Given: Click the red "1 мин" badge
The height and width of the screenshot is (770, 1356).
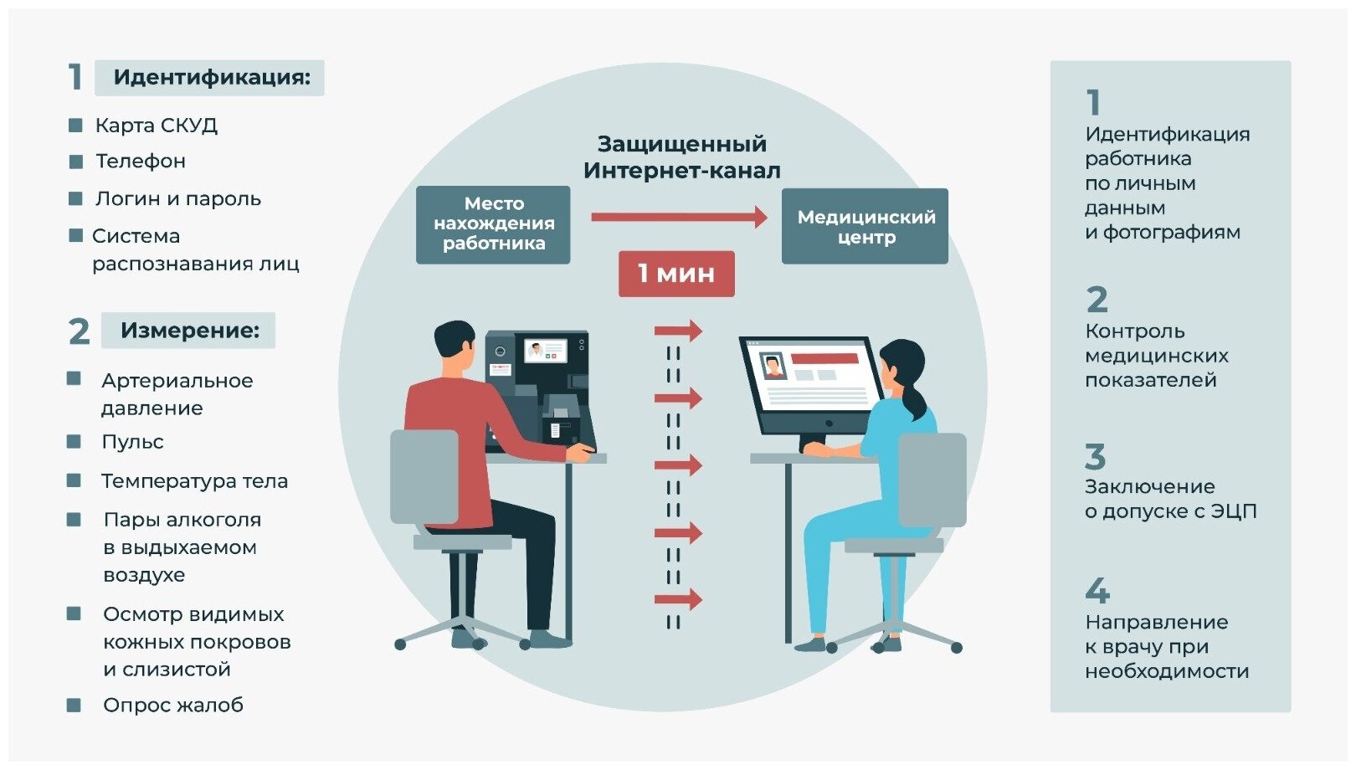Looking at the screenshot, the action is (x=676, y=274).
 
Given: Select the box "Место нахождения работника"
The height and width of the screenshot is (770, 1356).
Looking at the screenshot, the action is (x=493, y=224).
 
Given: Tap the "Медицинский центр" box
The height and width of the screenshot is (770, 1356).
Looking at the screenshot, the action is (x=865, y=227).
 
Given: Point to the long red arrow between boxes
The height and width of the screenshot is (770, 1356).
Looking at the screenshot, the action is (x=678, y=217).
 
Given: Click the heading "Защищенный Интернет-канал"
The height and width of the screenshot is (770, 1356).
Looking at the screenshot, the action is (x=681, y=157).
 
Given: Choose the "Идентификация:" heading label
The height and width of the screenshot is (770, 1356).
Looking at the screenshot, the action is (x=211, y=78).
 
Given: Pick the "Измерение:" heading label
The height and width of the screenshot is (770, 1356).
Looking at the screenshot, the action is (x=189, y=331).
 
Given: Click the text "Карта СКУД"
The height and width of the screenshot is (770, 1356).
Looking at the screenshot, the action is (x=156, y=126).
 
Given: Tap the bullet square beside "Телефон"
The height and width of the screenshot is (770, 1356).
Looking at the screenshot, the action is (x=76, y=162).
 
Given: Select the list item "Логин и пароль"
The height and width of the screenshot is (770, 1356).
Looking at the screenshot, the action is (x=177, y=199).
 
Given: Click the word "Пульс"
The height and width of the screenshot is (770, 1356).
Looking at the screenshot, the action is (x=132, y=442).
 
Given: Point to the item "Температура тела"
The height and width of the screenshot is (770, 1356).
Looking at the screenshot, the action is (x=194, y=481).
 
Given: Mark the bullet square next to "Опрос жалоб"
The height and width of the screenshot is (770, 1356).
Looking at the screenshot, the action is (x=74, y=706).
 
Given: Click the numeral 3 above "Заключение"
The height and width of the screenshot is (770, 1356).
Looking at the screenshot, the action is (x=1095, y=457).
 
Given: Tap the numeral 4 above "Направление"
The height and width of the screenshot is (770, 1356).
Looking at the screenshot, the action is (x=1097, y=591).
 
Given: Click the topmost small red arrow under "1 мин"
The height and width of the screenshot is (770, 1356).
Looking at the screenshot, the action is (x=677, y=331).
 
